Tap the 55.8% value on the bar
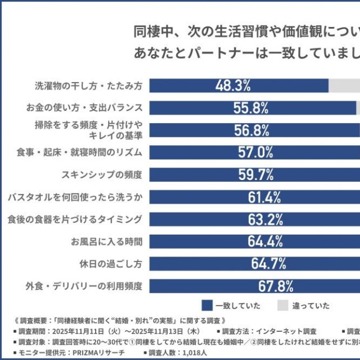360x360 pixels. [251, 107]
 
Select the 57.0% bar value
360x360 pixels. [255, 152]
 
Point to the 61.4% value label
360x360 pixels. [264, 197]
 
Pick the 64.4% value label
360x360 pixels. [264, 241]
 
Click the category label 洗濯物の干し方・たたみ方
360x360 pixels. [89, 86]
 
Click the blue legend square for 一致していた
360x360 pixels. [206, 305]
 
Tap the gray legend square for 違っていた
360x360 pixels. [282, 305]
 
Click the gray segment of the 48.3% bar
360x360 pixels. [344, 85]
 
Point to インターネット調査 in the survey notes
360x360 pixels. [289, 331]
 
